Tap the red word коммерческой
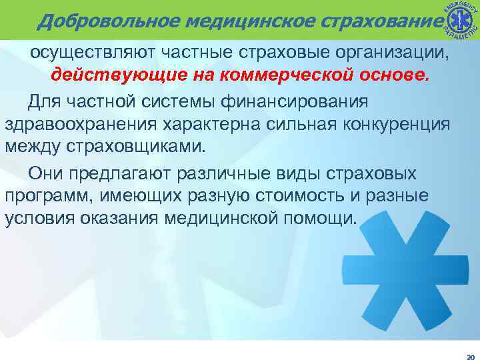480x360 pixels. click(285, 75)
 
